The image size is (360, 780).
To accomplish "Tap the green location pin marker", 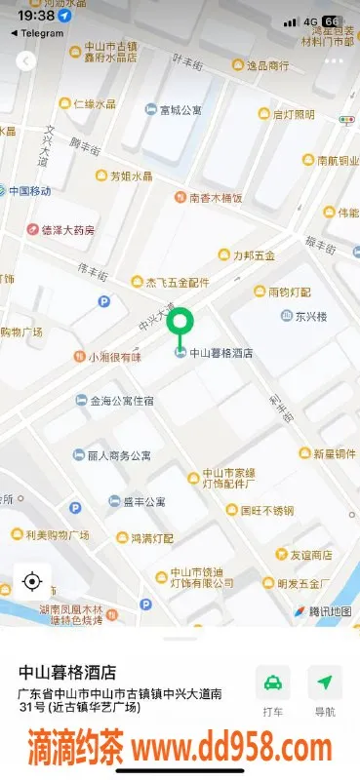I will [180, 324].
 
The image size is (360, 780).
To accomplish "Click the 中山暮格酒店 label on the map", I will [220, 353].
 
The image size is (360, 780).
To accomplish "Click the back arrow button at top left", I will [26, 60].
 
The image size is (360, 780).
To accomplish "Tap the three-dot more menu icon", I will [334, 60].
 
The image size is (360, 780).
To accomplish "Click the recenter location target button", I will [31, 583].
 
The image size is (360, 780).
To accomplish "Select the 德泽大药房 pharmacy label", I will [60, 230].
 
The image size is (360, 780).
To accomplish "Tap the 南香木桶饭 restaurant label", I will [215, 198].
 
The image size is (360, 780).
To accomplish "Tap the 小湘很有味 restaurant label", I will [114, 358].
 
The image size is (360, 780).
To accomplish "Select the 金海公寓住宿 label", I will [121, 401].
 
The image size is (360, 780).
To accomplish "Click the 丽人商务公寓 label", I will [119, 455].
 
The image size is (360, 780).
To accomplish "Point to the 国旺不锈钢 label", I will [272, 509].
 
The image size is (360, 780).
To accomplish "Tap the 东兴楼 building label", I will [311, 316].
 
